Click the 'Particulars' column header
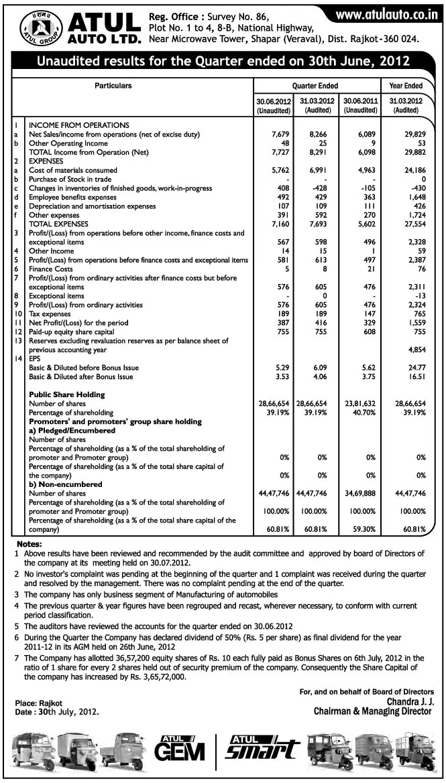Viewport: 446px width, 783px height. [x=113, y=86]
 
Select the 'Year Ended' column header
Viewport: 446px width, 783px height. [x=406, y=86]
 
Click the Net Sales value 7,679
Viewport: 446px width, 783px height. [x=279, y=135]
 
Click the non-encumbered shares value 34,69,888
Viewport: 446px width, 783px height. [x=361, y=493]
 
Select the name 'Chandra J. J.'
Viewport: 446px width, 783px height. [x=410, y=701]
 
